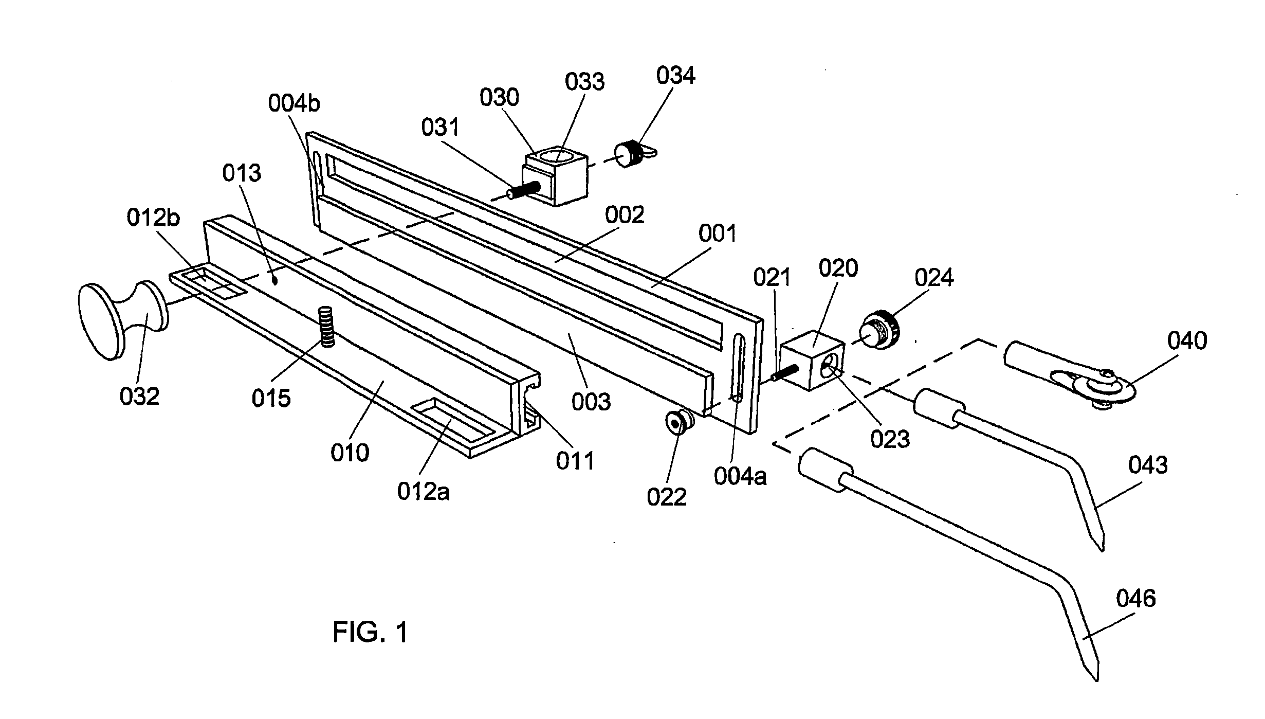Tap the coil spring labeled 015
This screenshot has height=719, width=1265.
(x=326, y=327)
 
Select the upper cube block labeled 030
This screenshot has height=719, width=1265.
(x=554, y=176)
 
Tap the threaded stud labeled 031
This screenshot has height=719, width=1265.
(x=522, y=191)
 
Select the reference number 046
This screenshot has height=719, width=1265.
(x=1135, y=598)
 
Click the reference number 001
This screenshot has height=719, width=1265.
(x=718, y=233)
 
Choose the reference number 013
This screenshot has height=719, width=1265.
(x=242, y=173)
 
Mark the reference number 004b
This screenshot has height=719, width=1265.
(x=294, y=103)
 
